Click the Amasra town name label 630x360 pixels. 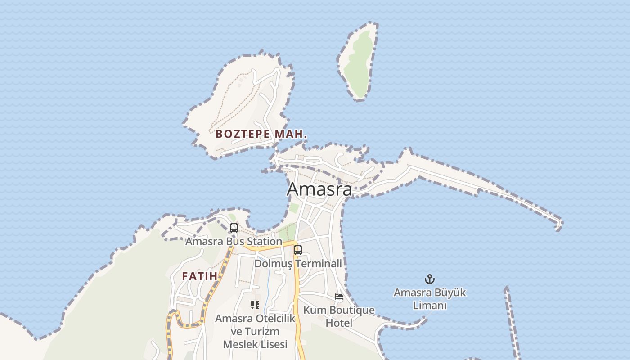319,189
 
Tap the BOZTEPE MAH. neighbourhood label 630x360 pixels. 261,134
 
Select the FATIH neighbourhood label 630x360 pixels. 200,276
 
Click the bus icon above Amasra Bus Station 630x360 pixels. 234,228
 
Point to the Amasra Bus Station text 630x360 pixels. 234,242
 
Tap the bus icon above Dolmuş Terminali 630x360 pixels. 298,250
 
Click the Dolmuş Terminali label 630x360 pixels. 298,264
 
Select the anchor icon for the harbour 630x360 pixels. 430,279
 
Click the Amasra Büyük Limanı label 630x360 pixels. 430,299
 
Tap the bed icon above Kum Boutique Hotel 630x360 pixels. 339,297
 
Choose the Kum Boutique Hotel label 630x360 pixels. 339,316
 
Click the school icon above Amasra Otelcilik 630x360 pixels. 255,305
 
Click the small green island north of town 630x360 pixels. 358,61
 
